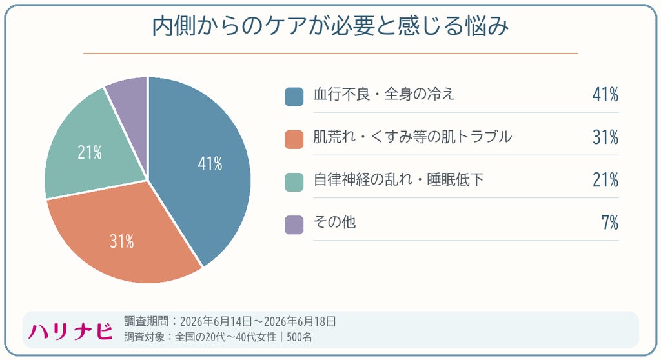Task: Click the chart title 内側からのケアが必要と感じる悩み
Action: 330,26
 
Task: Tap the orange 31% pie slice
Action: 127,236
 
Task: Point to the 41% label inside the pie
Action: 210,164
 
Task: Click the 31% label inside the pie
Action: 122,241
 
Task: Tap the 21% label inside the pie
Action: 90,152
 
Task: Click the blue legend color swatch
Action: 294,97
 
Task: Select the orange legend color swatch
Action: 294,139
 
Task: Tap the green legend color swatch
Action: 294,182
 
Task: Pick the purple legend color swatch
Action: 294,225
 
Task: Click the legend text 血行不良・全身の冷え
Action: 384,94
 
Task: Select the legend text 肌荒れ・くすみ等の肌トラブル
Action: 412,137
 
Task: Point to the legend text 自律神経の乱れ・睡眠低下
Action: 398,179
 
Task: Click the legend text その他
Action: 335,222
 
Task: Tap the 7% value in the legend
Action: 610,223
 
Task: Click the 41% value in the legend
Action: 605,94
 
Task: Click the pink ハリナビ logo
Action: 70,332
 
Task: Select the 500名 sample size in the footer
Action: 300,337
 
